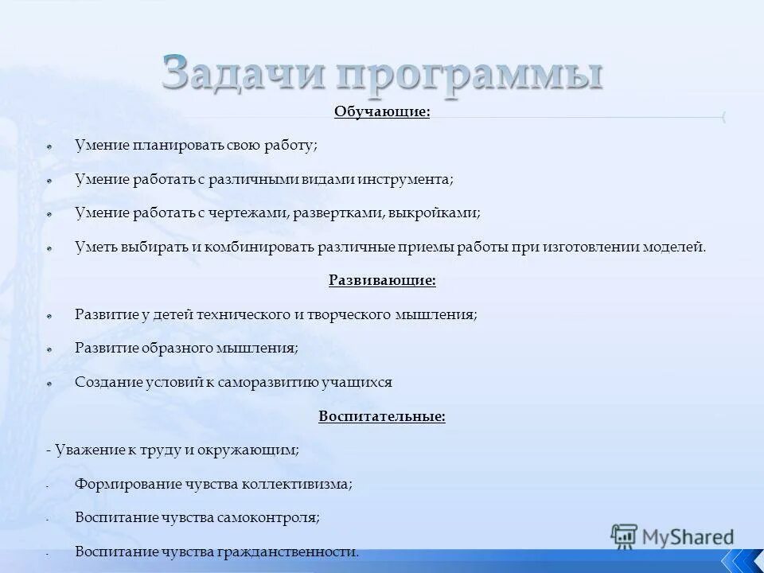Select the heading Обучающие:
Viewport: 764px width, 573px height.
click(382, 112)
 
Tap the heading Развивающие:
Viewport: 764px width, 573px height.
click(382, 280)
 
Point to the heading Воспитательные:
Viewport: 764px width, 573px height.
click(382, 416)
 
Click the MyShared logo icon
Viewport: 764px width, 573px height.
click(625, 537)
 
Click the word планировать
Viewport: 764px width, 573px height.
click(173, 146)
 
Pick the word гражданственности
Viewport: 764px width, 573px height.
click(289, 551)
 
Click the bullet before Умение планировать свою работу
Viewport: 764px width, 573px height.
click(49, 147)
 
